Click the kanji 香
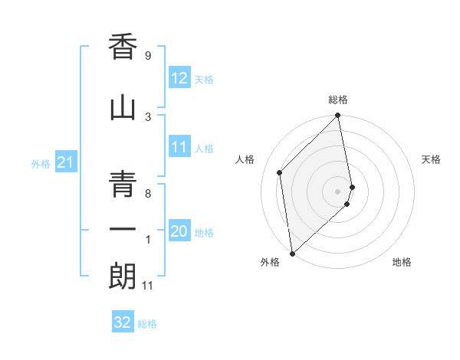tap(123, 47)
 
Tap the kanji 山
tap(123, 107)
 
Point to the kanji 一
tap(123, 227)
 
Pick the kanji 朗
tap(123, 277)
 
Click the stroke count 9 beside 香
tap(147, 56)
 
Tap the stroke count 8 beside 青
tap(147, 194)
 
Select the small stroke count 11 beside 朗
tap(149, 286)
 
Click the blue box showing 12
tap(179, 78)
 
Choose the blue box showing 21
tap(65, 163)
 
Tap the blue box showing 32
tap(123, 322)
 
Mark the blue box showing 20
tap(179, 232)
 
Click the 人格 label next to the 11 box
tap(204, 149)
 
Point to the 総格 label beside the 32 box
tap(147, 324)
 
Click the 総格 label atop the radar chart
tap(338, 100)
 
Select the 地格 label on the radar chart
tap(402, 262)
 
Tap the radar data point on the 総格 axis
tap(338, 116)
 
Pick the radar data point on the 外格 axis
tap(292, 253)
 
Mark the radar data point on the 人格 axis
tap(280, 172)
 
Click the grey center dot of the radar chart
tap(337, 191)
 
